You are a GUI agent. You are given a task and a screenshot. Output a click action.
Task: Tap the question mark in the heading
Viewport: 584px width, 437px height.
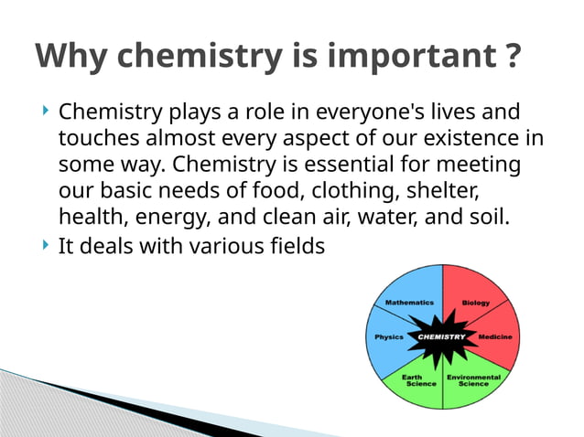coord(513,58)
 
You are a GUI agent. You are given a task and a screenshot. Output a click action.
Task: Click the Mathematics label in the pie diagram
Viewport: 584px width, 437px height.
coord(409,302)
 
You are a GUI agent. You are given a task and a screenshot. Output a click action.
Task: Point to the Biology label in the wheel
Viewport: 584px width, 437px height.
coord(475,302)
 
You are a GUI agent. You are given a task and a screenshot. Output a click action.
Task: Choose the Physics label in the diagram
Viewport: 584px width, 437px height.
coord(389,336)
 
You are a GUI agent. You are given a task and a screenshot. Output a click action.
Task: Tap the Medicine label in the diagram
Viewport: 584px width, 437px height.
coord(495,336)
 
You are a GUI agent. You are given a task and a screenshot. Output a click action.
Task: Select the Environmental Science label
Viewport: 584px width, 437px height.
coord(473,380)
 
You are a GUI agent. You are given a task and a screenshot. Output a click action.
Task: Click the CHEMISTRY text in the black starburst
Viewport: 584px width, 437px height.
coord(442,336)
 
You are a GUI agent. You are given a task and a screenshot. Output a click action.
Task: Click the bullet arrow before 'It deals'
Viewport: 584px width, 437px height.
coord(45,245)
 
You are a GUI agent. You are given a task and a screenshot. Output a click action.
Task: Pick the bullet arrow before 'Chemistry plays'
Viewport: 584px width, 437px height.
coord(45,112)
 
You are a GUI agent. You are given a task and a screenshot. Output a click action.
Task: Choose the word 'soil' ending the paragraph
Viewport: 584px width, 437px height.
coord(484,218)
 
